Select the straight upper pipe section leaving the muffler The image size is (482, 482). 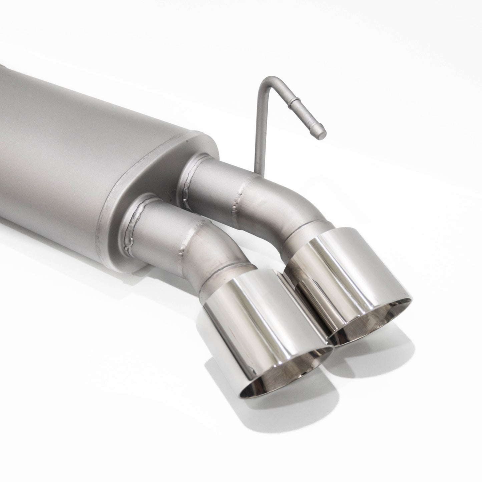(213, 180)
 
